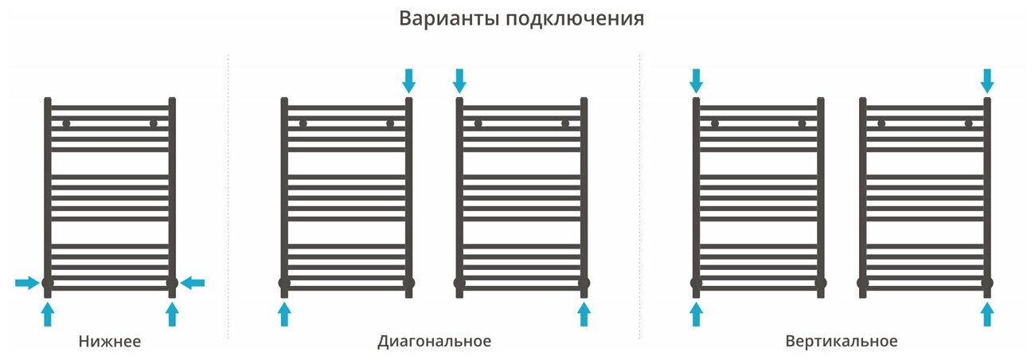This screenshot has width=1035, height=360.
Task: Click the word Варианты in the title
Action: [448, 18]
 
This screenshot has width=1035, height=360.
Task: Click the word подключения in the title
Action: [574, 19]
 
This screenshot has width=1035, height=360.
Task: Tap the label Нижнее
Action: [110, 342]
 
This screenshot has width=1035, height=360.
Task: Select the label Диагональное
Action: [434, 342]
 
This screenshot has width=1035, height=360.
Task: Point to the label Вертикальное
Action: [841, 342]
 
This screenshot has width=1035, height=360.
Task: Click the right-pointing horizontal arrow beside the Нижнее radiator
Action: [26, 282]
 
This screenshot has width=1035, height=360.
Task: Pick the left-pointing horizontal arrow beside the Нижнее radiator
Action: [193, 282]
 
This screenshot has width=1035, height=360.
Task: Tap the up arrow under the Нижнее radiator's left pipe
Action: [47, 315]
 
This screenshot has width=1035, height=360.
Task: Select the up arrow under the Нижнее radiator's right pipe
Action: [171, 315]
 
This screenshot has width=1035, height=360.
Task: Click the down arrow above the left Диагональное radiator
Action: [408, 80]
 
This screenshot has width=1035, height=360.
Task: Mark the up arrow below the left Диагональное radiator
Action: [284, 315]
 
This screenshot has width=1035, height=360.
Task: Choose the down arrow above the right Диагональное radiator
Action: [459, 80]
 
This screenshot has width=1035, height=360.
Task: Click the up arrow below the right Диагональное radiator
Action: [584, 315]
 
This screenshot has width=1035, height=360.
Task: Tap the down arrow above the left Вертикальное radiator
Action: [696, 80]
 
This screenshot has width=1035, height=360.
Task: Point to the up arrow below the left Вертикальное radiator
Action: [696, 315]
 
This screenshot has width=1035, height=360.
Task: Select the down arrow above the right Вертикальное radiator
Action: [987, 80]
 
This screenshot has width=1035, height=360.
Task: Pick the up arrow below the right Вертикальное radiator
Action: [987, 315]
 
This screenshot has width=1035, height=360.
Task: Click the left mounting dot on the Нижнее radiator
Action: [66, 123]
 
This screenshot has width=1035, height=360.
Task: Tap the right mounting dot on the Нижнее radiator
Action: [153, 123]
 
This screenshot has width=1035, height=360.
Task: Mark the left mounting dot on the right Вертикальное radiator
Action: [881, 123]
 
